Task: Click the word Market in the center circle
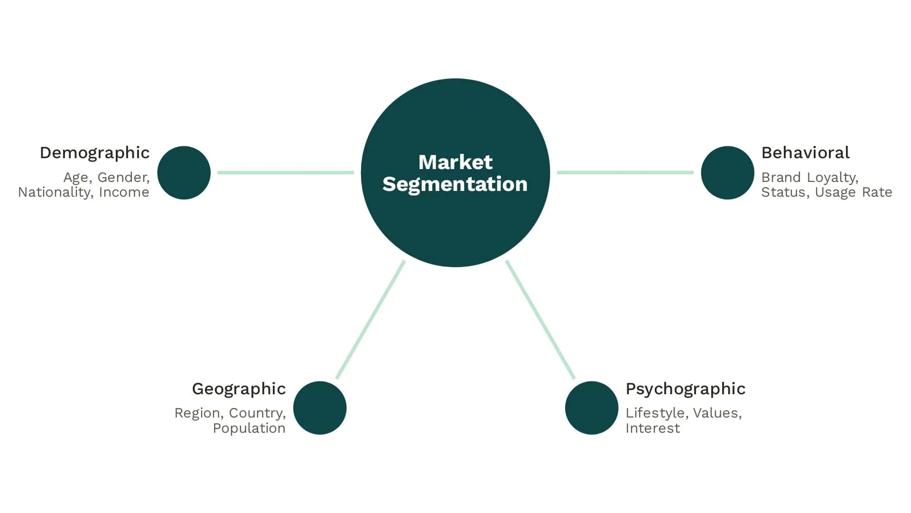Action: click(455, 162)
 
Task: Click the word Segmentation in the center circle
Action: click(455, 184)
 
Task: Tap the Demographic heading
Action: click(94, 153)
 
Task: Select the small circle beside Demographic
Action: click(184, 172)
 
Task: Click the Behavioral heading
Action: click(805, 153)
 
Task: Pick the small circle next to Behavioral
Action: click(727, 172)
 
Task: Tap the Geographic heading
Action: click(239, 389)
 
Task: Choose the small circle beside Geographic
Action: click(319, 408)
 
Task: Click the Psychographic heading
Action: click(685, 389)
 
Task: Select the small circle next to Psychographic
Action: click(591, 408)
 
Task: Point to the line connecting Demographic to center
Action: click(285, 172)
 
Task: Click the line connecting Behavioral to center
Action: click(625, 172)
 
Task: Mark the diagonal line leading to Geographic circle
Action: click(371, 320)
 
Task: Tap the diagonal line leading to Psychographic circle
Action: click(540, 320)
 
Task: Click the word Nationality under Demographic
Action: click(54, 192)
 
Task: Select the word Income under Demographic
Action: click(124, 192)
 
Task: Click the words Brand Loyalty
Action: click(809, 178)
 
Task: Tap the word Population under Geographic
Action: click(249, 428)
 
